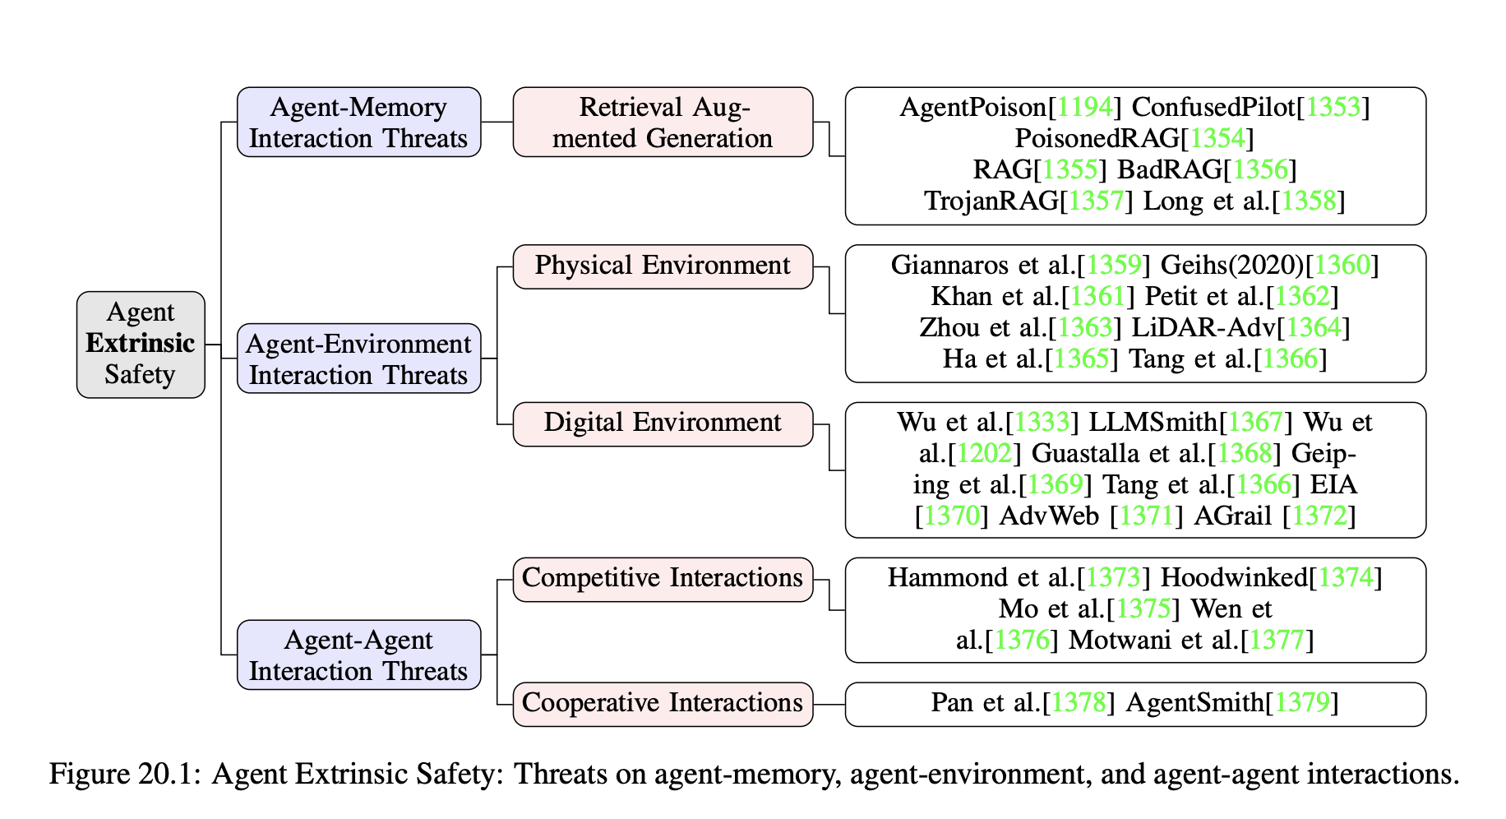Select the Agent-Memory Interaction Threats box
pyautogui.click(x=358, y=123)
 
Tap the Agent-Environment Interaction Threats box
pyautogui.click(x=358, y=359)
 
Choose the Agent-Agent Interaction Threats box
pyautogui.click(x=358, y=655)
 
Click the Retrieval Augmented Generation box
pyautogui.click(x=663, y=123)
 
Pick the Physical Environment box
pyautogui.click(x=663, y=266)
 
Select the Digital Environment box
pyautogui.click(x=663, y=423)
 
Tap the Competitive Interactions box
pyautogui.click(x=663, y=578)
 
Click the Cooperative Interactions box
pyautogui.click(x=663, y=703)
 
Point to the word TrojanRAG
pyautogui.click(x=991, y=201)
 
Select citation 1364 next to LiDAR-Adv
pyautogui.click(x=1313, y=328)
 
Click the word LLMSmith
pyautogui.click(x=1153, y=423)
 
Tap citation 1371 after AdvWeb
pyautogui.click(x=1146, y=516)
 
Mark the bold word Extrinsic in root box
pyautogui.click(x=141, y=344)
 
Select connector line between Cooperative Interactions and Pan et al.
pyautogui.click(x=829, y=705)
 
